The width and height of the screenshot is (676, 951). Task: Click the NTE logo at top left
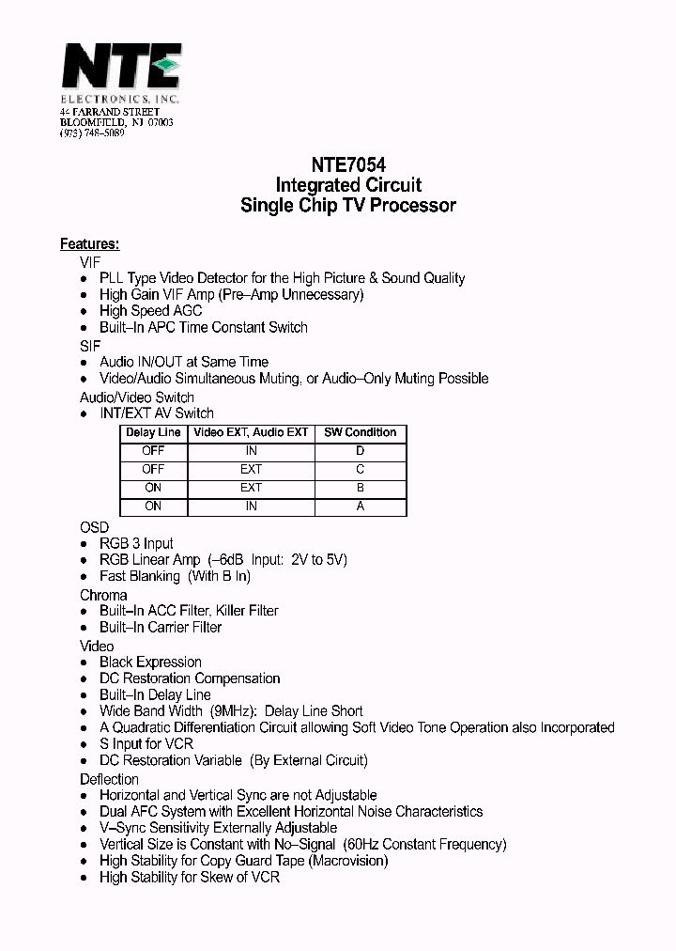(120, 68)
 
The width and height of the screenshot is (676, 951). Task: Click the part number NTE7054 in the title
(348, 163)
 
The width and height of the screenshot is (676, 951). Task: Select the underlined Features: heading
(89, 244)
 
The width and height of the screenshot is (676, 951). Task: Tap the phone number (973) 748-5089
(92, 133)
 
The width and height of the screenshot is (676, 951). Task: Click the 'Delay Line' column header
(153, 432)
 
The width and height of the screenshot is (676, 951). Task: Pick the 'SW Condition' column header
(360, 432)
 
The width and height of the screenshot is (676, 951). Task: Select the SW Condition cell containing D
(360, 451)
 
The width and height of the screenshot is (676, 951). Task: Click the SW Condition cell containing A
(360, 507)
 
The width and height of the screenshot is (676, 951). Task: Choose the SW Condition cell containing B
(360, 488)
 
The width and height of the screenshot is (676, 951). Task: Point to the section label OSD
(94, 527)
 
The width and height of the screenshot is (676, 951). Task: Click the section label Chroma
(103, 595)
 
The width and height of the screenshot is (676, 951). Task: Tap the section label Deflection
(109, 779)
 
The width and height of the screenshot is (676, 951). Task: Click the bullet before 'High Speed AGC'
(85, 311)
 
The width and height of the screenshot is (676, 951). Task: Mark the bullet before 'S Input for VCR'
(85, 744)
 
